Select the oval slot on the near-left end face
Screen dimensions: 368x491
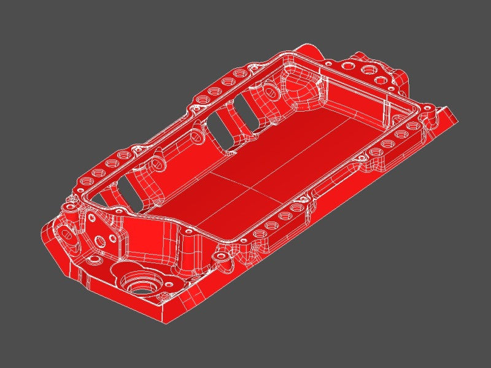point(66,238)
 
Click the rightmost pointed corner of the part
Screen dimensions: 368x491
point(457,117)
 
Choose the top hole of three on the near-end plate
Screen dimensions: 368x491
point(91,218)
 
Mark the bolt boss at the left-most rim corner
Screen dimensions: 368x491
point(72,209)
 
